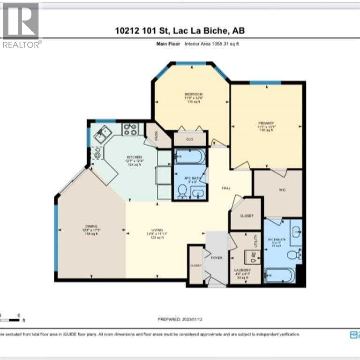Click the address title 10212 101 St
point(180,30)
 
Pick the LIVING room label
point(157,230)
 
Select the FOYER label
point(216,258)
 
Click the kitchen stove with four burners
point(130,129)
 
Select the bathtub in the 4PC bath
point(189,156)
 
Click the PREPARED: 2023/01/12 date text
point(180,319)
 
